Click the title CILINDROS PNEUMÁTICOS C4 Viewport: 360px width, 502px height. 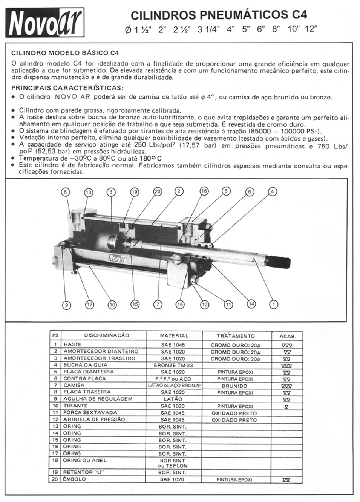point(219,15)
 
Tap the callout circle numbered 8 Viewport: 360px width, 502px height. point(66,192)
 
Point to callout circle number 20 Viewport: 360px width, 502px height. point(158,191)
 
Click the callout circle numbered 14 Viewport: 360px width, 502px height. point(251,304)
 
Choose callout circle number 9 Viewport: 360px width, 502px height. point(66,305)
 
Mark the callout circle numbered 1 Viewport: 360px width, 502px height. point(274,304)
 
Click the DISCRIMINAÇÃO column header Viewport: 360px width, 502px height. point(107,335)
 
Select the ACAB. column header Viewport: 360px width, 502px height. point(287,336)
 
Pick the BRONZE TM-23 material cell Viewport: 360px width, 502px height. point(173,365)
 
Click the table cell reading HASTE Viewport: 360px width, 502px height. point(72,344)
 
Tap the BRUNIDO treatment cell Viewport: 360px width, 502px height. point(234,386)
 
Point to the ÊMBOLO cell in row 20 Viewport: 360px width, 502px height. point(75,479)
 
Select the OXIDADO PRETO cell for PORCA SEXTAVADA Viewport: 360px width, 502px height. point(234,413)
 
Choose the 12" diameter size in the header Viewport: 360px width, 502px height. point(311,29)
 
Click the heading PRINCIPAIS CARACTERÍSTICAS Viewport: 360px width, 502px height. point(67,88)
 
